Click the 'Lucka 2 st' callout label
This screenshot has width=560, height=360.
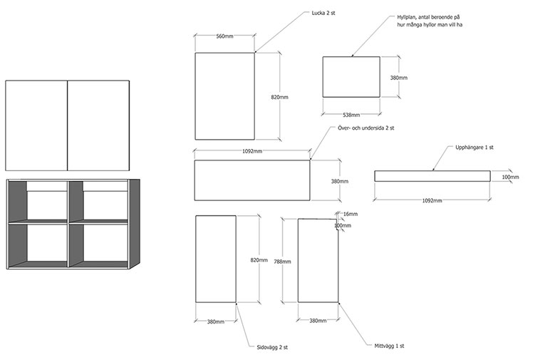point(323,14)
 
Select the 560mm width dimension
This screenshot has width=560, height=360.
point(224,36)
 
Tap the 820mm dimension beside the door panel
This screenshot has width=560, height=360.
point(279,97)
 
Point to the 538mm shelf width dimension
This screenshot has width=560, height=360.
point(351,115)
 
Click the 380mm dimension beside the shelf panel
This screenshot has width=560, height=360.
point(398,78)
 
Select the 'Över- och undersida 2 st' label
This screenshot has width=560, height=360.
point(366,128)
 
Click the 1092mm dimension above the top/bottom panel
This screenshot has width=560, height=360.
point(252,151)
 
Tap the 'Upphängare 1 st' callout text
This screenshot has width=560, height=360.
point(475,148)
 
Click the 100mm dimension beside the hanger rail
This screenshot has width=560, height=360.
point(510,178)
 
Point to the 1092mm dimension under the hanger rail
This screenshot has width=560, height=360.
point(432,201)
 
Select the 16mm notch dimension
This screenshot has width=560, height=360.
point(351,214)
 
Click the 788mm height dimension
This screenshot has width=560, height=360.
point(283,262)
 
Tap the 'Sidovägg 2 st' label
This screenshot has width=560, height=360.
point(272,347)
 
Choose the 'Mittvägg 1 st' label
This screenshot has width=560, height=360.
point(389,346)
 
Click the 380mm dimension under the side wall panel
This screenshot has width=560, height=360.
point(216,322)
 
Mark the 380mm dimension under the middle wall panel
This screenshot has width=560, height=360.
point(318,321)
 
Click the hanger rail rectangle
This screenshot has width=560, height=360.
point(432,176)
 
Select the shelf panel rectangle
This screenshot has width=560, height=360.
point(351,77)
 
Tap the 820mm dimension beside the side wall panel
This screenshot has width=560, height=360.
point(259,260)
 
